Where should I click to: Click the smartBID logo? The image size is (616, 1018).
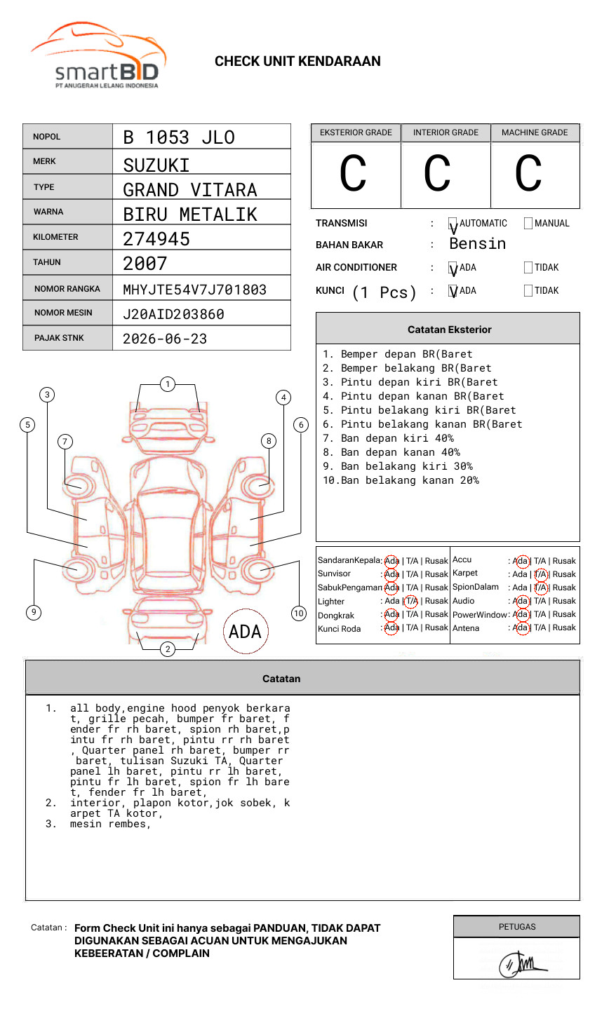(98, 56)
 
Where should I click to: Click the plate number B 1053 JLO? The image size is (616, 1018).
(179, 137)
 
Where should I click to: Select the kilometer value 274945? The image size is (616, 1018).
(156, 239)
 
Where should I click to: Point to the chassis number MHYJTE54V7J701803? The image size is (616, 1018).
(194, 290)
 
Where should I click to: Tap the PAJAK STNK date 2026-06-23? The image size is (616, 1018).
(165, 339)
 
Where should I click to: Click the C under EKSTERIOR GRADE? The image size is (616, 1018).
(353, 174)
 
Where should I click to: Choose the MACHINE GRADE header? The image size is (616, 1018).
(535, 133)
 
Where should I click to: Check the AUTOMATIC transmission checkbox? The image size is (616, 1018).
(453, 224)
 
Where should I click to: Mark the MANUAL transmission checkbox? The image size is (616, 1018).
(528, 224)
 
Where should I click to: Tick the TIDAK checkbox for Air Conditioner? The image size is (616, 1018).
(528, 268)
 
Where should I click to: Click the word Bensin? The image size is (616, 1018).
(477, 244)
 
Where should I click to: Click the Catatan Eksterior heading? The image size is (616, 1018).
(449, 330)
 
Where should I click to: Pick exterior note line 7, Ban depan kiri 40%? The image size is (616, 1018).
(396, 438)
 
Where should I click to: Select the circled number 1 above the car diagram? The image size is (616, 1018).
(167, 384)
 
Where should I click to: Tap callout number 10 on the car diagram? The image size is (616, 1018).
(299, 613)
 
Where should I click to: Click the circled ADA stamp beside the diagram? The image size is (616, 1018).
(246, 632)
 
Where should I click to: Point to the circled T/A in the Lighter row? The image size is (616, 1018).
(411, 601)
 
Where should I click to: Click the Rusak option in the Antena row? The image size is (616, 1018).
(564, 627)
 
